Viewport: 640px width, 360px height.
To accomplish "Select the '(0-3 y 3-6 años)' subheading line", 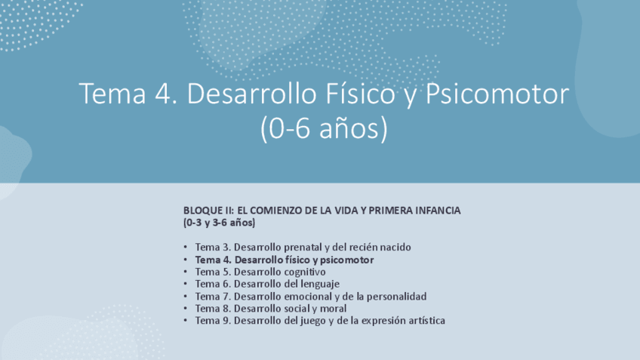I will [219, 223].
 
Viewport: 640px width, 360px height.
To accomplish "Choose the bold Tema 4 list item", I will [284, 260].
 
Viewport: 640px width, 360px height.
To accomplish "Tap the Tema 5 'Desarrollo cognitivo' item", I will [260, 272].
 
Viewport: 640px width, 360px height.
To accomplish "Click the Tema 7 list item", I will [310, 296].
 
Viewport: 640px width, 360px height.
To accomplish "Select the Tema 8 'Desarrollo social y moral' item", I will [271, 308].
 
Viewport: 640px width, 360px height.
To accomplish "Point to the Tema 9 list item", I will [320, 320].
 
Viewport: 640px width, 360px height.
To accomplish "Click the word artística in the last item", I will [426, 320].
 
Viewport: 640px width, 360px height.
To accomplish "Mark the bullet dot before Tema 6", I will [186, 284].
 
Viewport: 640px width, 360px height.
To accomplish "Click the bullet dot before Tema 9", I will [186, 320].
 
